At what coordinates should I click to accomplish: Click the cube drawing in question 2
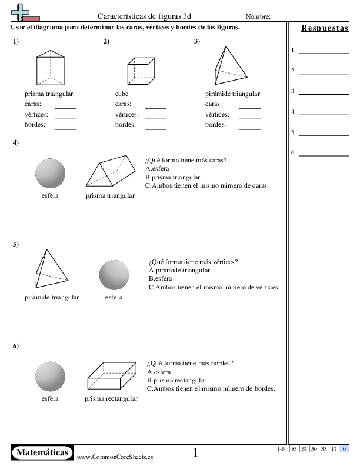(141, 71)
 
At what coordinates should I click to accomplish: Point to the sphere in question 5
(114, 275)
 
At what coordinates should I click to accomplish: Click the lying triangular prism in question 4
(110, 172)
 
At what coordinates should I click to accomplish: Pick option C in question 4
(206, 185)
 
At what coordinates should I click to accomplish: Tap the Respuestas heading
(325, 28)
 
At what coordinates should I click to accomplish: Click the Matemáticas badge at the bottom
(42, 452)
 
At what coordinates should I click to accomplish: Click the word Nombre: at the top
(258, 16)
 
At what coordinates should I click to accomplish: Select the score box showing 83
(294, 449)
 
